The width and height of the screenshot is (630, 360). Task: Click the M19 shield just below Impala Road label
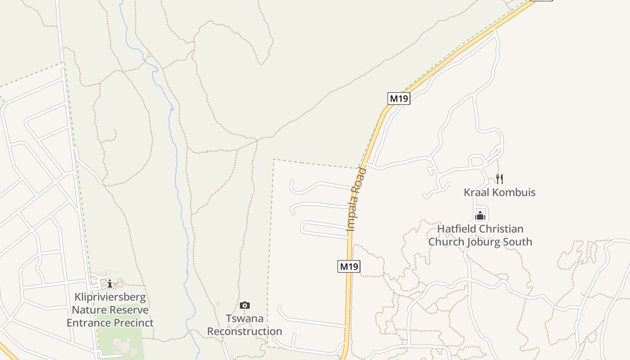(349, 266)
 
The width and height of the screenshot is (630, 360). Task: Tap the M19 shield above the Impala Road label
(399, 99)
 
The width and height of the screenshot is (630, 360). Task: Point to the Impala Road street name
(357, 199)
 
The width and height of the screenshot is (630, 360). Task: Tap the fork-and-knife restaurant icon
(499, 179)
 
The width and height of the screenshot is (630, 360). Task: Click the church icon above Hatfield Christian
(480, 216)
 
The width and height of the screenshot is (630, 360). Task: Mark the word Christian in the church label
(502, 229)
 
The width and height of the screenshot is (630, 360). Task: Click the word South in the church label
(517, 242)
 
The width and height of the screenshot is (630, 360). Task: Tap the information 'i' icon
(109, 283)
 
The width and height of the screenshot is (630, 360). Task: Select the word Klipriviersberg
(110, 297)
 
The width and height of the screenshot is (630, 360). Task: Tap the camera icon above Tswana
(244, 306)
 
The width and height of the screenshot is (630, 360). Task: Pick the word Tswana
(244, 319)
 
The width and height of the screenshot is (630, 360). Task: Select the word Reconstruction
(244, 332)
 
